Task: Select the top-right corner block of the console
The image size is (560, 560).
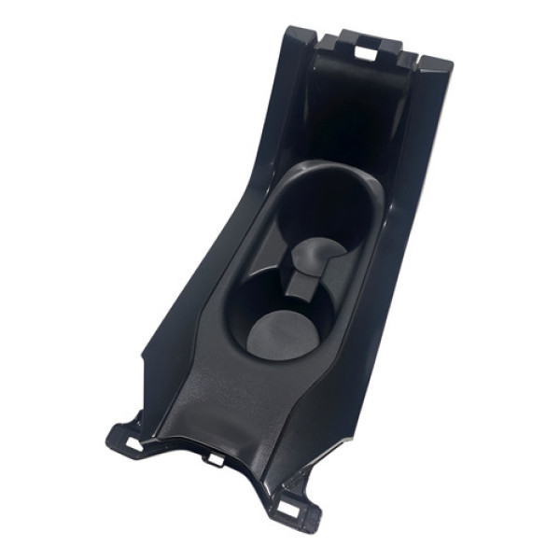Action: (434, 67)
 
